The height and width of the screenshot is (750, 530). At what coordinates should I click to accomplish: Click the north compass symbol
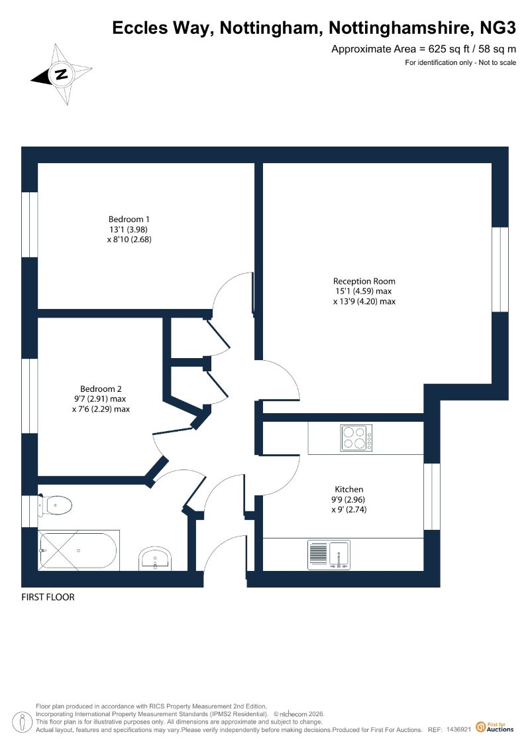pos(62,74)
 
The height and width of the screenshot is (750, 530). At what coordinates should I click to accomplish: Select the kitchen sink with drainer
pos(329,555)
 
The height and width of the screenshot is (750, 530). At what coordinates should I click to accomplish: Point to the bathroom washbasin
pos(155,558)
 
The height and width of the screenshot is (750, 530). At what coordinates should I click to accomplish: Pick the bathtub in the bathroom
pos(78,550)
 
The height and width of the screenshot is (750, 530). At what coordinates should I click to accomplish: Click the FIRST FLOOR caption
pos(48,597)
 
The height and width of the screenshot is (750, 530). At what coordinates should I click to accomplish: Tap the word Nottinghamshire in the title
pos(399,29)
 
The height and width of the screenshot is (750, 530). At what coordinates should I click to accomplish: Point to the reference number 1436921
pos(459,729)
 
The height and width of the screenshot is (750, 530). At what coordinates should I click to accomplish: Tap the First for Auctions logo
pos(495,727)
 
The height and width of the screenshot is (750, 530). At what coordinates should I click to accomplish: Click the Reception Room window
pos(500,269)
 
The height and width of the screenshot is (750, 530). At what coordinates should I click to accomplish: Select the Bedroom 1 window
pos(30,225)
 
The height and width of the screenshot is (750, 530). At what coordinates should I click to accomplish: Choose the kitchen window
pos(432,497)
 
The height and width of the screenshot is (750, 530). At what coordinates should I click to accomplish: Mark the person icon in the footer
pos(21,723)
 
